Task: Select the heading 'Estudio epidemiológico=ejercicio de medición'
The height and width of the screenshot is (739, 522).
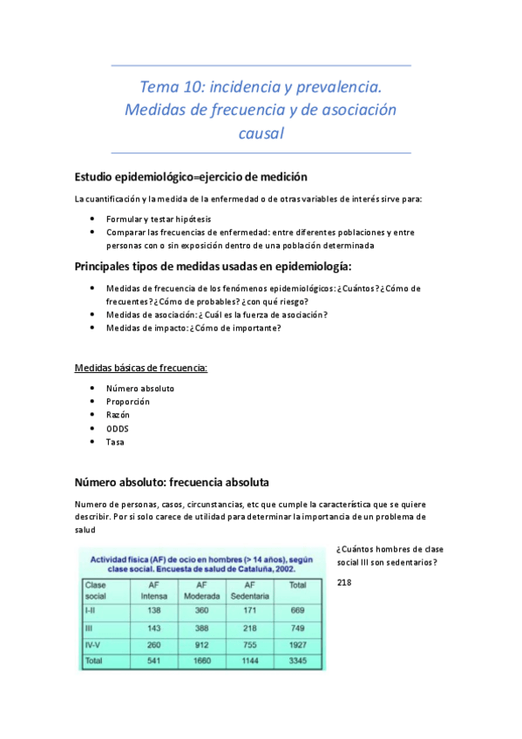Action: [191, 176]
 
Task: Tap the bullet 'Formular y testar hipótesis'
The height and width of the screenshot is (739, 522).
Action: [159, 220]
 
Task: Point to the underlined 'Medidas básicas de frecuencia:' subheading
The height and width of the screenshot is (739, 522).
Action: [141, 369]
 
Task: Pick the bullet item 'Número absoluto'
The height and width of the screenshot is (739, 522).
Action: [140, 388]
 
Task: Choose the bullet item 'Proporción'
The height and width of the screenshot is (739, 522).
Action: [128, 402]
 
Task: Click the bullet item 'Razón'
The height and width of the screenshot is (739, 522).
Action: [119, 415]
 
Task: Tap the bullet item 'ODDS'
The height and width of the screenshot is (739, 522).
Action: [119, 429]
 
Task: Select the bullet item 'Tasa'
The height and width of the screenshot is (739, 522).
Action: [115, 442]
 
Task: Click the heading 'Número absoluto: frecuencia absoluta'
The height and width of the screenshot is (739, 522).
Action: [172, 481]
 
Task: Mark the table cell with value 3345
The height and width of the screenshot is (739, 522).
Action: [297, 661]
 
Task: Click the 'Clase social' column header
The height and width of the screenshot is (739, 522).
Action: [98, 590]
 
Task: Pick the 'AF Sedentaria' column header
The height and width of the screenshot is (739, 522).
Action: [249, 590]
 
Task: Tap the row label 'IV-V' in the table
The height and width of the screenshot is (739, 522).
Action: [95, 645]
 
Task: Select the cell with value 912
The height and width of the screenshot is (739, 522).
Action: [200, 645]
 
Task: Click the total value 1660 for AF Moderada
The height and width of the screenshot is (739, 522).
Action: [200, 661]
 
